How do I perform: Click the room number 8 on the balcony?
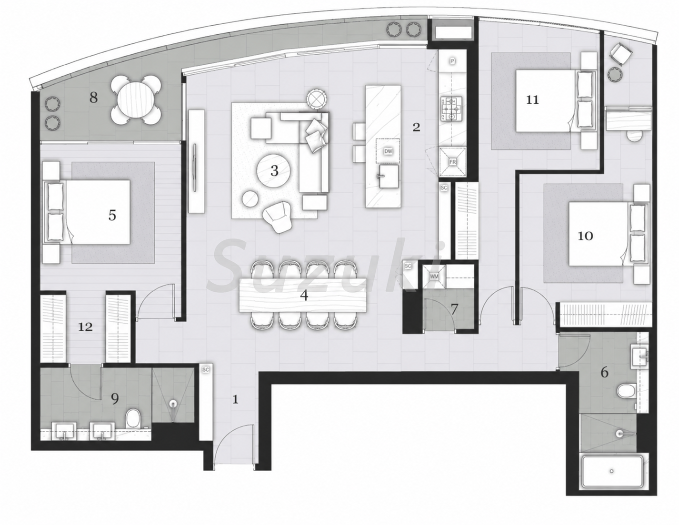93,98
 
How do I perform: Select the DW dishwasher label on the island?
388,151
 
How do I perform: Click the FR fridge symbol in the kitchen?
452,162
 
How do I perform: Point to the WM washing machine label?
434,277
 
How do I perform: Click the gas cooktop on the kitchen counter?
451,109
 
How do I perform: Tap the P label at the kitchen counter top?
452,61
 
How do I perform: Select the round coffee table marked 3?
274,170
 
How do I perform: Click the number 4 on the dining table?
304,295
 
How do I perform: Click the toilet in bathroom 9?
132,419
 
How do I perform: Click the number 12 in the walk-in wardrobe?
85,327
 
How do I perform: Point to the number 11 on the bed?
532,99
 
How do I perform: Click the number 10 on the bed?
585,236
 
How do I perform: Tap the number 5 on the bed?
112,215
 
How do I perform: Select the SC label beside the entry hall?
205,370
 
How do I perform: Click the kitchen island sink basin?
389,176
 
